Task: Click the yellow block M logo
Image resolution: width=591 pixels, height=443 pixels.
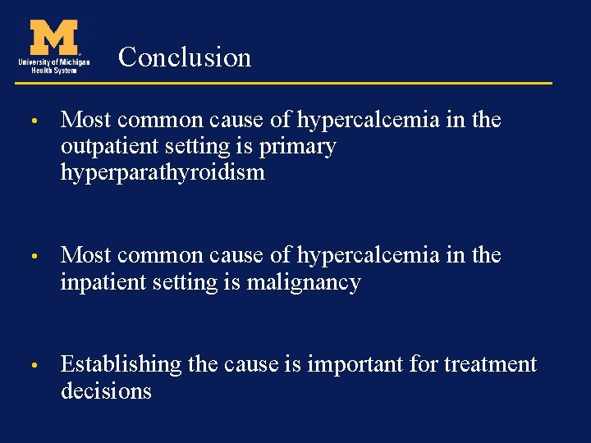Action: coord(54,37)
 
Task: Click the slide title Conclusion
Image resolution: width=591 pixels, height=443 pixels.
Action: coord(185,57)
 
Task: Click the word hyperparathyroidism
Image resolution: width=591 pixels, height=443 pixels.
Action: coord(163,173)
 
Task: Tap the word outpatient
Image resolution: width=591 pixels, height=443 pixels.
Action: coord(106,147)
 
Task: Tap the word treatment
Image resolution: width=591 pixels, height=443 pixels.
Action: coord(490,364)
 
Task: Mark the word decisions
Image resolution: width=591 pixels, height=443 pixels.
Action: coord(106,391)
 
